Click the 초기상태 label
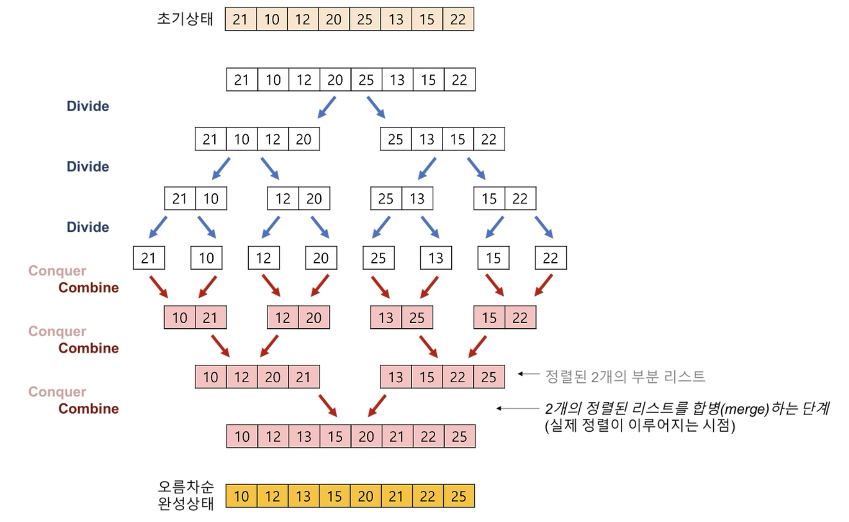point(185,19)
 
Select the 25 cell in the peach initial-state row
point(365,20)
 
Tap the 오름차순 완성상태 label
point(186,495)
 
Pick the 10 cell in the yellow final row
point(241,496)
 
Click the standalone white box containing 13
point(436,258)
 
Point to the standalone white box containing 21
point(149,258)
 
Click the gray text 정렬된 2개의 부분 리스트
point(625,377)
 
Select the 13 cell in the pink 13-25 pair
point(386,318)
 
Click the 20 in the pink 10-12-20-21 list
point(272,377)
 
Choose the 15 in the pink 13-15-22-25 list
point(427,377)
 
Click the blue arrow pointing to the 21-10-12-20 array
point(327,107)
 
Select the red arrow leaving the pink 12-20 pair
point(269,346)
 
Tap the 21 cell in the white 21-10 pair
point(179,198)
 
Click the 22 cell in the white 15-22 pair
point(520,198)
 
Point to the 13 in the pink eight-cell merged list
point(304,437)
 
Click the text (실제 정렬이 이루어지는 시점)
point(640,425)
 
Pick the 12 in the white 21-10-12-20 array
point(272,139)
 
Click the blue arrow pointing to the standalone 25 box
point(381,227)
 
